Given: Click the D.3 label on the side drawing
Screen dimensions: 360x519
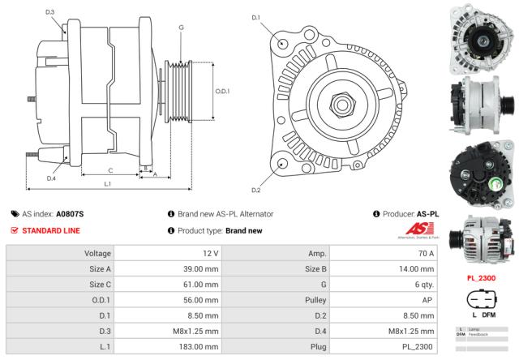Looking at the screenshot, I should tap(50, 12).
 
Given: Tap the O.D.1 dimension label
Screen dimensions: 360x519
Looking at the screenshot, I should tap(222, 91).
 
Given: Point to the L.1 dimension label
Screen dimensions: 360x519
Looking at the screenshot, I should tap(108, 185).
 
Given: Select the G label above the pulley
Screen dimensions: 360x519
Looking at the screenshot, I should tap(180, 28).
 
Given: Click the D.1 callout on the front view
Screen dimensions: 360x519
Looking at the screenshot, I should tap(256, 17).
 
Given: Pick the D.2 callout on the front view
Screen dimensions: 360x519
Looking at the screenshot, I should tap(256, 190).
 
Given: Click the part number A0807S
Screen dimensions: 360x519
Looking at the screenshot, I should tap(70, 214).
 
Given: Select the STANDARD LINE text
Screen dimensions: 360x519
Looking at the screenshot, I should tap(51, 231).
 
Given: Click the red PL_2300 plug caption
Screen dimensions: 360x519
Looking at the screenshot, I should tap(483, 278).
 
